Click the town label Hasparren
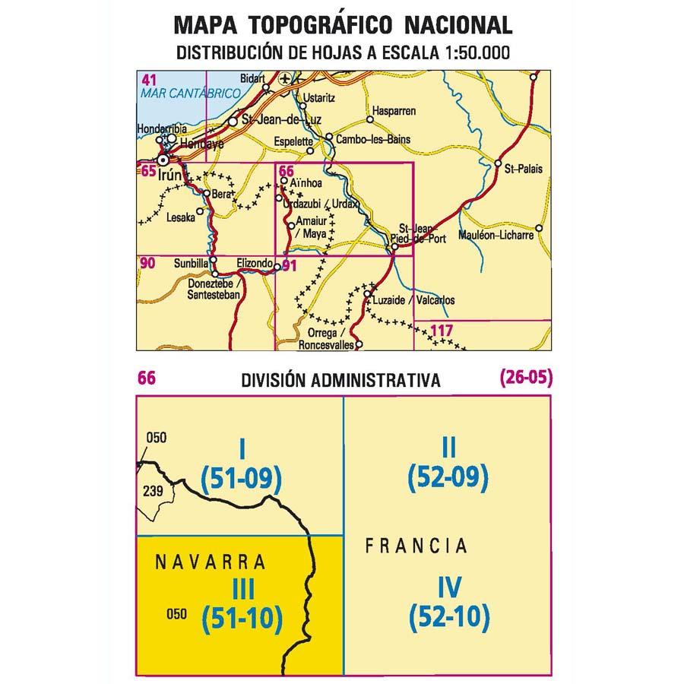tap(393, 111)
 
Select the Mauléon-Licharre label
tap(498, 236)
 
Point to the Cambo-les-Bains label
tap(373, 139)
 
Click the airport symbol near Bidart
tap(285, 78)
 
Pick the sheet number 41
tap(149, 79)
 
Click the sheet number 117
tap(442, 330)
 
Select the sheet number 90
tap(147, 264)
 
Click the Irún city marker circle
tap(162, 160)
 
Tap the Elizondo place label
tap(254, 263)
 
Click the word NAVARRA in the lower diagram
tap(210, 563)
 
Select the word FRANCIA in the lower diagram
tap(416, 546)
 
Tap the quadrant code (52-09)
tap(447, 477)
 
